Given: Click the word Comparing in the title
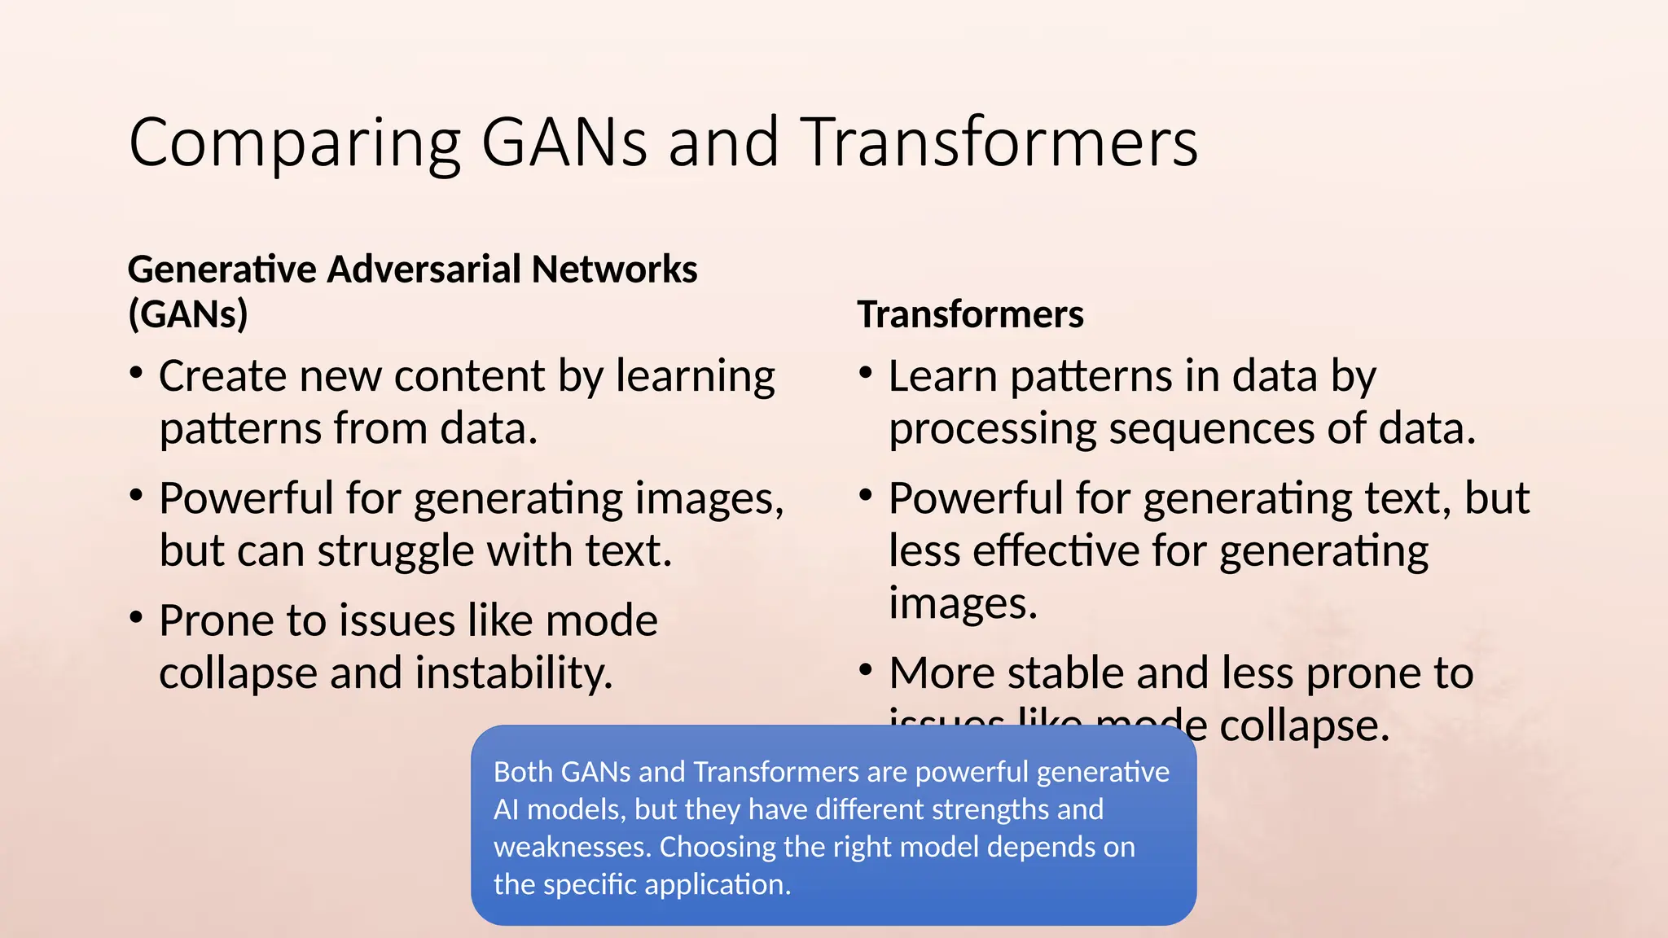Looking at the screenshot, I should [295, 143].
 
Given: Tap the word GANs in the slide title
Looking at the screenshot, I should [564, 143].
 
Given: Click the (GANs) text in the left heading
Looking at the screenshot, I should [188, 314].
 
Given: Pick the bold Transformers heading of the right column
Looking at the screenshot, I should [970, 314].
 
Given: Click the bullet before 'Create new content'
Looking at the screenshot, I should [137, 374].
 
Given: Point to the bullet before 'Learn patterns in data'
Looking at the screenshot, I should [866, 374].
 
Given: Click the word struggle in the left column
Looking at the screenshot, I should [396, 552].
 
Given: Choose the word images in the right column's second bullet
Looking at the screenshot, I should [962, 605].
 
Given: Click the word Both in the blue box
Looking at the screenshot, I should [523, 772].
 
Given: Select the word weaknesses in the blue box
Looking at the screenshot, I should [573, 847].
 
